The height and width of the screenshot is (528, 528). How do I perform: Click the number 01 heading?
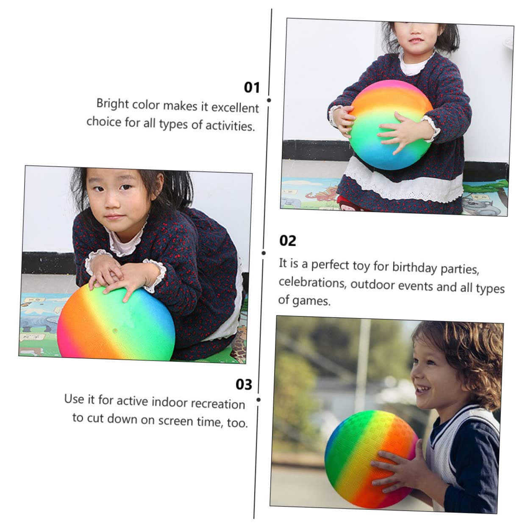click(x=252, y=87)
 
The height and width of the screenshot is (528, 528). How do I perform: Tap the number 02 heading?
click(x=287, y=241)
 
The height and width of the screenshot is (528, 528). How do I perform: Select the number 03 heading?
click(x=244, y=384)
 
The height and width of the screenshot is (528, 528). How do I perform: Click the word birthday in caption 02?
click(x=414, y=267)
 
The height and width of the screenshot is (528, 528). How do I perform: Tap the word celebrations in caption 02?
click(x=312, y=283)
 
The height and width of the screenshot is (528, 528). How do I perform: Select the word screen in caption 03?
click(x=176, y=421)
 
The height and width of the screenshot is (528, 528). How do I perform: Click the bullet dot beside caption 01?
click(x=269, y=100)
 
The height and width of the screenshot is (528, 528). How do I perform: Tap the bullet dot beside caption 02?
click(x=264, y=253)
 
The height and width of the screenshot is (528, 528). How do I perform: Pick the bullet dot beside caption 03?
click(x=258, y=400)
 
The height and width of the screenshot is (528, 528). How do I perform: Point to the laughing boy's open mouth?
click(x=421, y=388)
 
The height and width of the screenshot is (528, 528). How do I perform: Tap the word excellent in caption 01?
click(x=235, y=108)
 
